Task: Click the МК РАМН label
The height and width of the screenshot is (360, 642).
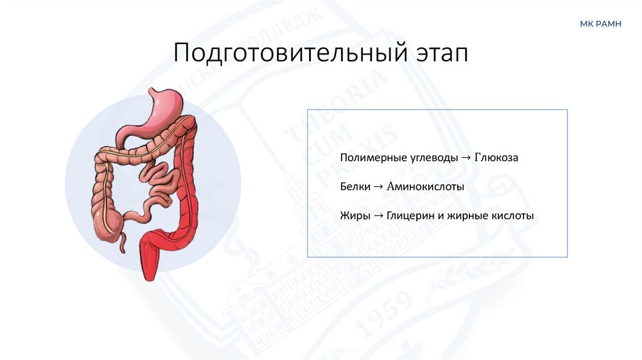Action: click(600, 24)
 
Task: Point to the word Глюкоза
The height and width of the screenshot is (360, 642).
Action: click(497, 157)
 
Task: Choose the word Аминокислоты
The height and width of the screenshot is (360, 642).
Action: click(425, 186)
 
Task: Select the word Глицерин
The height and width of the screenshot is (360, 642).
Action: click(408, 216)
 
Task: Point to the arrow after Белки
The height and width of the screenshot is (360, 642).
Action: click(379, 186)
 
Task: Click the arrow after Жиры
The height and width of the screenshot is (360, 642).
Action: click(378, 216)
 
